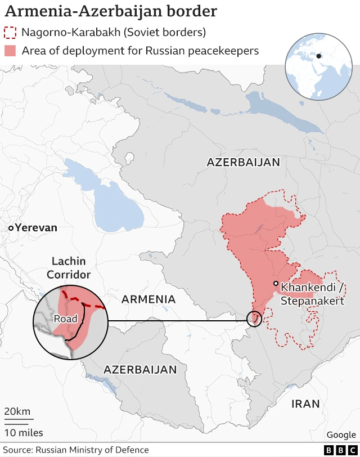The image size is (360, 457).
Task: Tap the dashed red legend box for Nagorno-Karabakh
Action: [10, 32]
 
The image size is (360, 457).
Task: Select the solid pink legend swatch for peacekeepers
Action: [10, 51]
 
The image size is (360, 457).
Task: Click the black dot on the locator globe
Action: [318, 56]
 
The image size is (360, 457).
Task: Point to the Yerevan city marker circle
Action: [11, 228]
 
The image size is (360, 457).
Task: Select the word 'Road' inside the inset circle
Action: [65, 319]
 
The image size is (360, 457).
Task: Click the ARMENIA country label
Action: [148, 299]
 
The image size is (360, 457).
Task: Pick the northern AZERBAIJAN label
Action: [243, 163]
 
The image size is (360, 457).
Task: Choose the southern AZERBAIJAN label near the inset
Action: [140, 370]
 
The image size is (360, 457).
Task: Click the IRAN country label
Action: [305, 404]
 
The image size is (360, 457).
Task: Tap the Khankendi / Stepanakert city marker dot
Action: [276, 284]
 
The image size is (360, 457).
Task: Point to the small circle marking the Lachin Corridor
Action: [254, 319]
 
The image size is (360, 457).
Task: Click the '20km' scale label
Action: [17, 411]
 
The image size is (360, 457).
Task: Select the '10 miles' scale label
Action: [24, 432]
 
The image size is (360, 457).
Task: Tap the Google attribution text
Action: [341, 434]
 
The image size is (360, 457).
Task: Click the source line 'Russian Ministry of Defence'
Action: [92, 450]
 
